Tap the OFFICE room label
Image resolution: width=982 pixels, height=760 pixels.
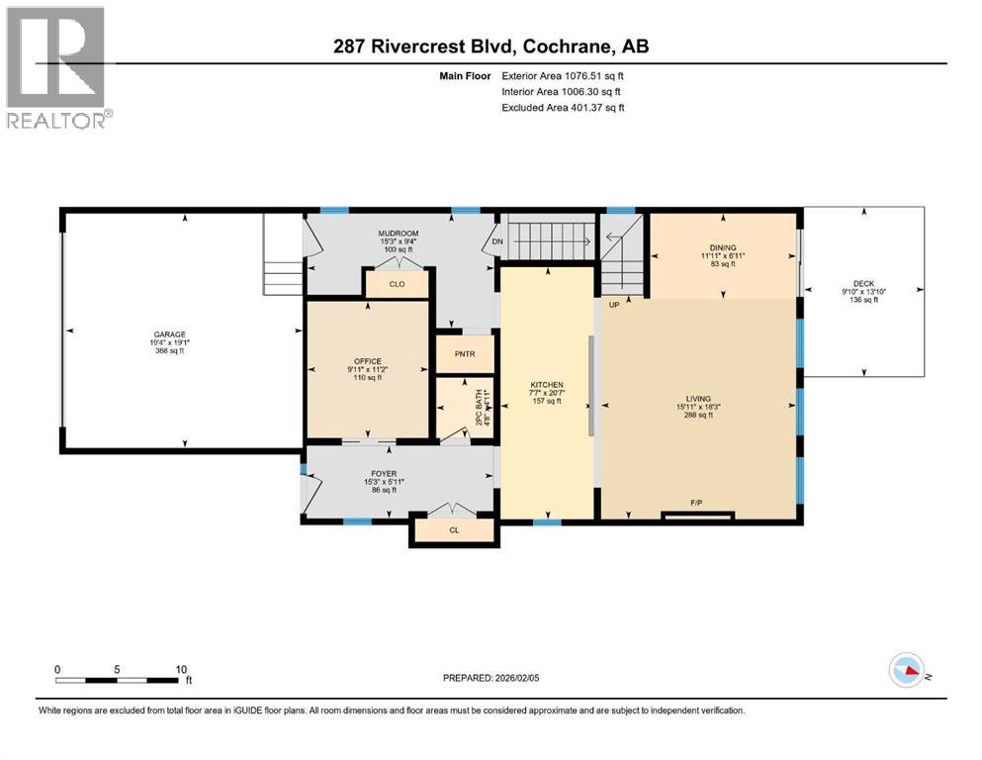pos(368,361)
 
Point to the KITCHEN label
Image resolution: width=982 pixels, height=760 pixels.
pos(546,384)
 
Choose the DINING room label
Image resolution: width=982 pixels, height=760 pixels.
pos(723,247)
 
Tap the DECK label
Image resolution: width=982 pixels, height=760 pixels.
pos(864,282)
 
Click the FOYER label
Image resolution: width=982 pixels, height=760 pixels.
pos(384,474)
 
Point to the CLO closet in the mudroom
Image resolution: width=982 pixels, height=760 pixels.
pos(397,284)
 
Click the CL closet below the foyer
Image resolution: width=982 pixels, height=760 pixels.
pos(454,531)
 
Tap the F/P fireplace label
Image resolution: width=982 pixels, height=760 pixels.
pos(697,503)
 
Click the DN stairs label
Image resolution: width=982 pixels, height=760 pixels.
pos(497,241)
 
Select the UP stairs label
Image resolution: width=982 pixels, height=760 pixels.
pos(614,305)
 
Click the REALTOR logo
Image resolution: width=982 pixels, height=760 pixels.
pos(57,66)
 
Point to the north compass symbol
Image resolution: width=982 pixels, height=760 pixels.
pos(908,672)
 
